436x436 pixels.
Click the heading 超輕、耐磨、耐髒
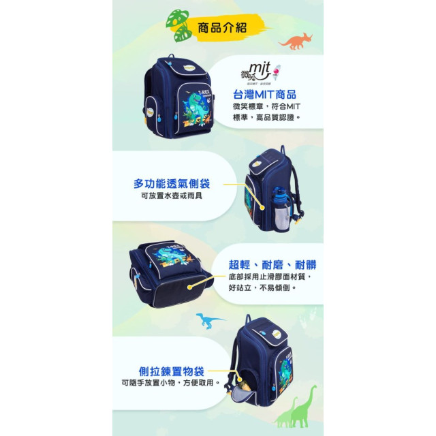[272, 264]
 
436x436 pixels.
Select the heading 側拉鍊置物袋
[171, 371]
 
